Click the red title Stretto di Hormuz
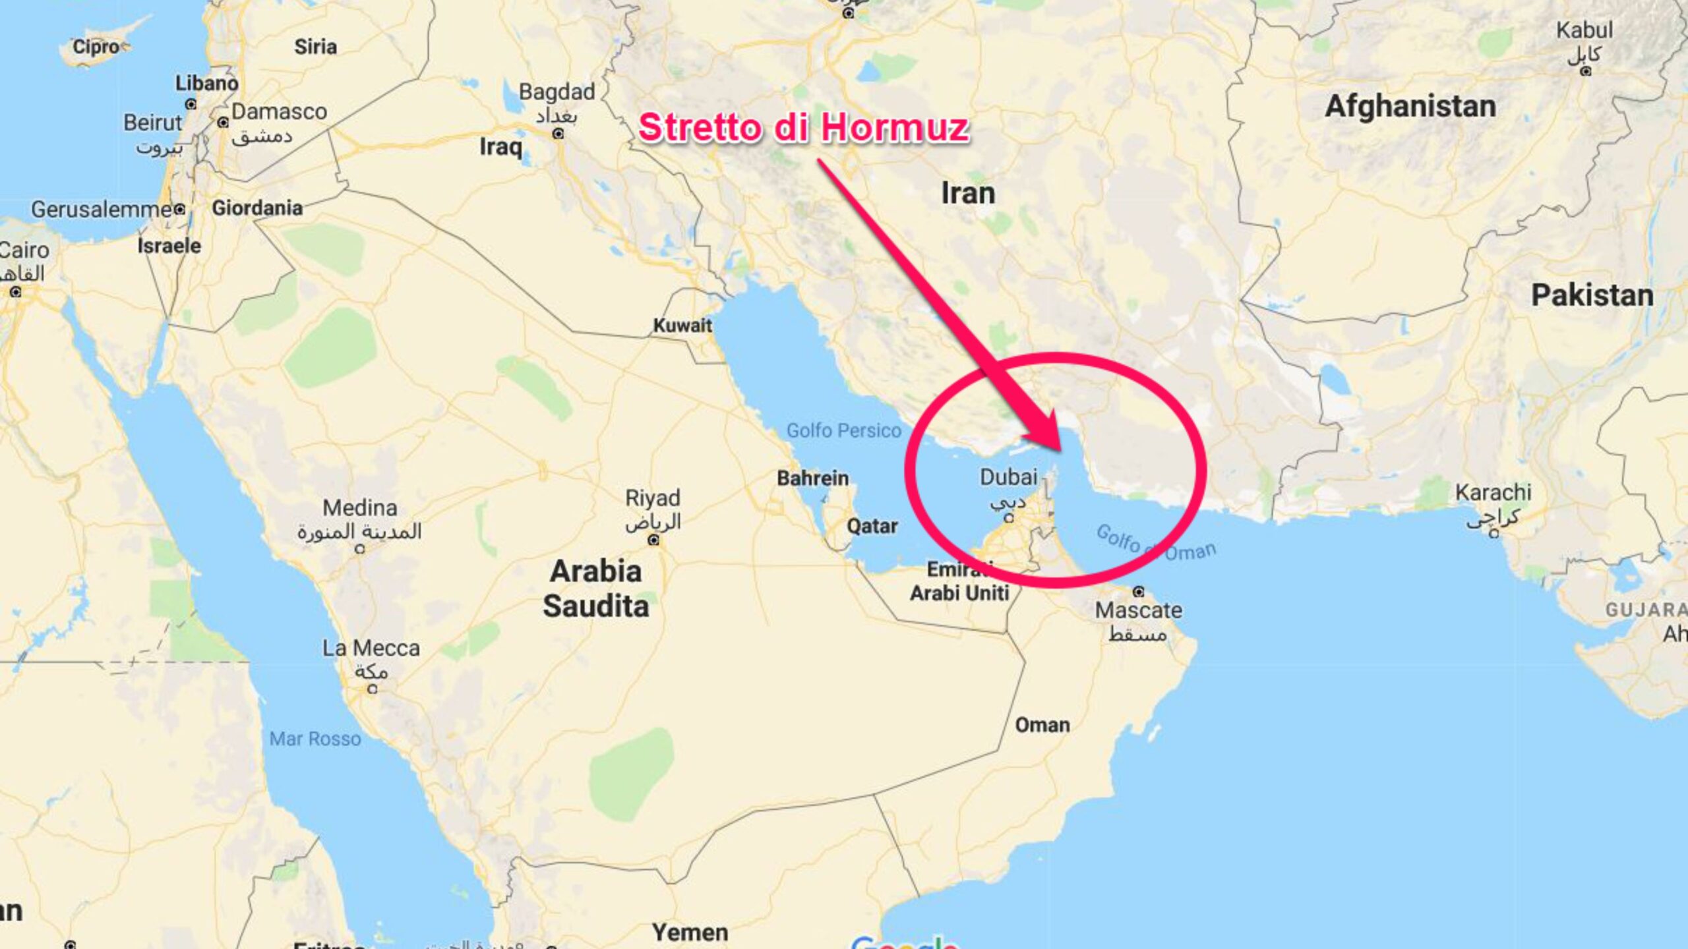pos(803,127)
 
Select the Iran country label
pos(967,193)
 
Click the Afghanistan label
pos(1410,106)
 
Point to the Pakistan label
pos(1592,295)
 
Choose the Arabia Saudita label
pos(595,589)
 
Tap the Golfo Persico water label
pos(843,430)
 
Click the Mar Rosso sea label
pos(315,739)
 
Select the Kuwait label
pos(682,325)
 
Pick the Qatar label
pos(872,526)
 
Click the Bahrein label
pos(812,478)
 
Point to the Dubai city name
pos(1008,476)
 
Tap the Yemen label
pos(690,933)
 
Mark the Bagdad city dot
pos(558,134)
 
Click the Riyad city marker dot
pos(653,540)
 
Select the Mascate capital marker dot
pos(1139,591)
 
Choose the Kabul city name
pos(1584,30)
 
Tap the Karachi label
pos(1493,492)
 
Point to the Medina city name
pos(359,507)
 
